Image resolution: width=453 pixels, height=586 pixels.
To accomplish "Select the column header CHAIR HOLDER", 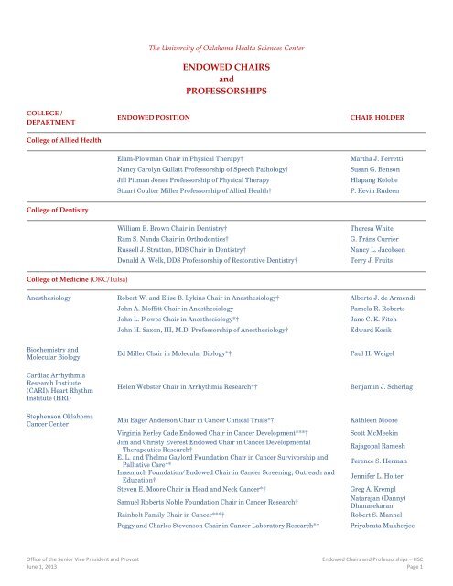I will (x=377, y=119).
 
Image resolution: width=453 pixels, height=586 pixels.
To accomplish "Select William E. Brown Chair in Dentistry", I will (x=171, y=225).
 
